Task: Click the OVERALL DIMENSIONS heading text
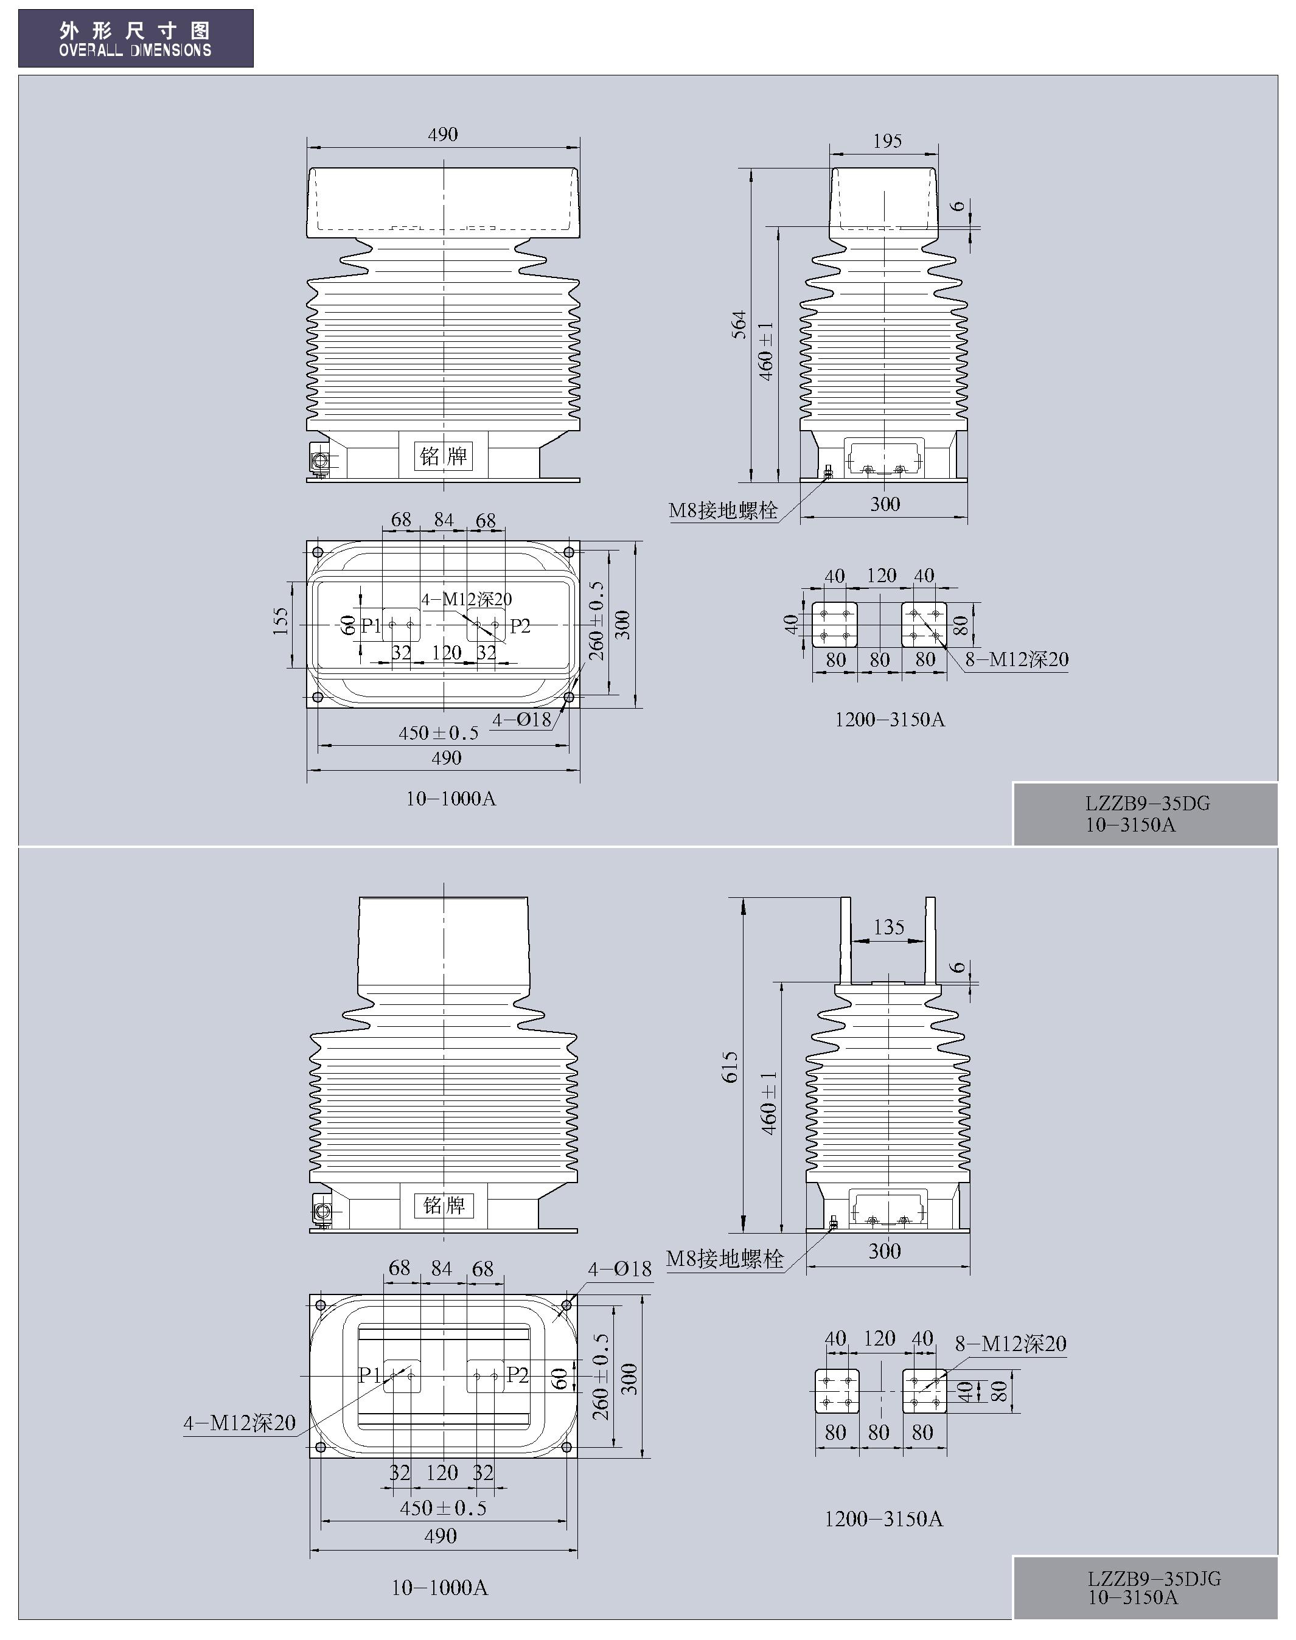[x=135, y=50]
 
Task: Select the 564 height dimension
[x=739, y=325]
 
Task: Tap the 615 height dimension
[x=730, y=1066]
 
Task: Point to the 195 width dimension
[x=887, y=141]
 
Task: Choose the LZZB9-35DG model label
[x=1148, y=804]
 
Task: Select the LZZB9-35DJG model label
[x=1154, y=1579]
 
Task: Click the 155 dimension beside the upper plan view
[x=280, y=620]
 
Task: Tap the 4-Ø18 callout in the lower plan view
[x=619, y=1268]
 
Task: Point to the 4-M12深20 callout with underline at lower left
[x=240, y=1423]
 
